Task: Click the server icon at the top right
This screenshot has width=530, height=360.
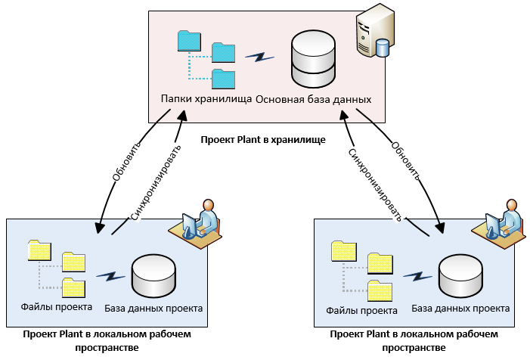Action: pos(374,31)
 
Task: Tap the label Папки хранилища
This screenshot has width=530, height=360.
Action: pos(206,99)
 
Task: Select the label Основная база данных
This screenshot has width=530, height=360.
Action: pos(314,99)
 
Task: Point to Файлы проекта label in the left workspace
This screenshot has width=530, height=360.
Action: pos(57,307)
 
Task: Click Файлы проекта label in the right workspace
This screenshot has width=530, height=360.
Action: pos(362,310)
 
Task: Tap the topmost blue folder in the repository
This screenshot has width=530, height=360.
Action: pos(189,42)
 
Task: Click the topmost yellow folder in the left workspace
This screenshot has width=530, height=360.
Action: pos(39,250)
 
